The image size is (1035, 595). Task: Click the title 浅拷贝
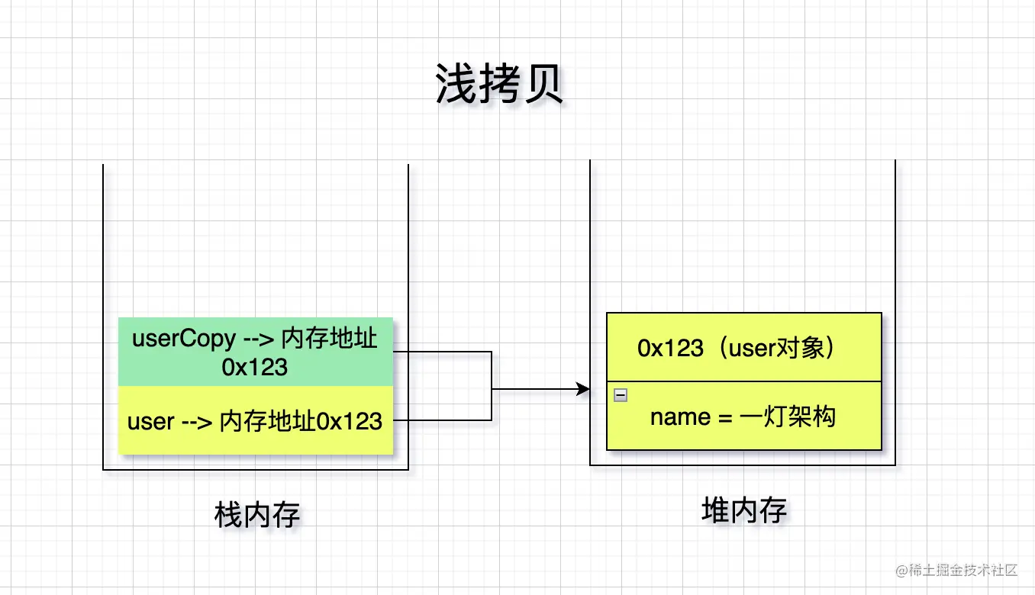coord(499,84)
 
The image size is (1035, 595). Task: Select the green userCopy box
coord(255,352)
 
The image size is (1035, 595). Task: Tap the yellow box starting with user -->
coord(255,420)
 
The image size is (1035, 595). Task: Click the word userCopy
coord(173,338)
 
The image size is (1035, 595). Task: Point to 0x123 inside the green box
coord(255,367)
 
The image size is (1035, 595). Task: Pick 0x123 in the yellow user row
coord(350,421)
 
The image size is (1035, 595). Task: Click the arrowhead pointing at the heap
coord(584,390)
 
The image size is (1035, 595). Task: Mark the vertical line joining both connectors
coord(491,386)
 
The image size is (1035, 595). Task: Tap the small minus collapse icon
coord(621,395)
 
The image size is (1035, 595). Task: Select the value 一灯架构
coord(788,417)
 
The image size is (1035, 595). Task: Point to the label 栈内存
coord(257,516)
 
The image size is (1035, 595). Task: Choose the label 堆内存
coord(743,510)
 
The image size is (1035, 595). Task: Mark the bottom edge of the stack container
coord(255,469)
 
